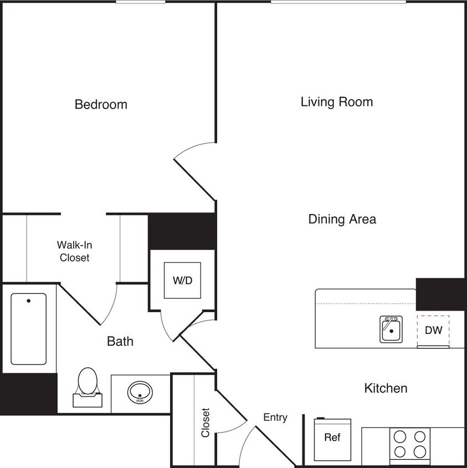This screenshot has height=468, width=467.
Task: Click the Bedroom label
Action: [101, 104]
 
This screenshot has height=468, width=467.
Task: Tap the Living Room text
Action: [336, 102]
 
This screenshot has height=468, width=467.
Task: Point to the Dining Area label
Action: [342, 219]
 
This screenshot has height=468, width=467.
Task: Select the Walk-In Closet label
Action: [74, 251]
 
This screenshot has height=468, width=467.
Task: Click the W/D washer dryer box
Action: [182, 280]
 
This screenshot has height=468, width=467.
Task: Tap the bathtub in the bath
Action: [28, 328]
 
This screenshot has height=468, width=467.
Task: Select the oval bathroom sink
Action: [140, 393]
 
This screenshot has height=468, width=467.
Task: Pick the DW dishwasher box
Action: [433, 330]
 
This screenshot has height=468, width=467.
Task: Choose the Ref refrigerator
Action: [332, 437]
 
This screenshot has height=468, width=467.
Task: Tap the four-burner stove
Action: [410, 444]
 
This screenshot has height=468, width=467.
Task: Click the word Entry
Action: [275, 418]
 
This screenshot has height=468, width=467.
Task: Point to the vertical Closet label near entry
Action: [206, 423]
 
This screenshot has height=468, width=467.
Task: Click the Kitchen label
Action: [386, 388]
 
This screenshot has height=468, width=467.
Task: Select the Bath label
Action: [120, 342]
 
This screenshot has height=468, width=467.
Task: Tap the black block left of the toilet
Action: [28, 393]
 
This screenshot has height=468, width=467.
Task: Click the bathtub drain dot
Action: [28, 301]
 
